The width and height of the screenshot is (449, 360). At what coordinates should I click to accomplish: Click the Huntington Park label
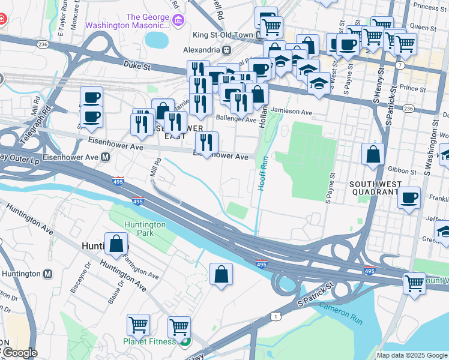[x=144, y=228]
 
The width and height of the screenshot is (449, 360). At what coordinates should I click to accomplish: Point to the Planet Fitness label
[x=150, y=341]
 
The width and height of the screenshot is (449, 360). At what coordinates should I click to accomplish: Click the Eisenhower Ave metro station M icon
[x=105, y=157]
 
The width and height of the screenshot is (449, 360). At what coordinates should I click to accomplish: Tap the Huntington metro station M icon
[x=48, y=274]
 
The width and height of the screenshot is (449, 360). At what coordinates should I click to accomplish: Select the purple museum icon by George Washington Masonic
[x=178, y=22]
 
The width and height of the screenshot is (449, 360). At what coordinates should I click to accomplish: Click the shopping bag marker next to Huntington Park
[x=116, y=244]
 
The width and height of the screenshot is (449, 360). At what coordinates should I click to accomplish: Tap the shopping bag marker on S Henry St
[x=373, y=154]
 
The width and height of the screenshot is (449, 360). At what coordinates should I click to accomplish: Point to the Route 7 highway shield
[x=400, y=64]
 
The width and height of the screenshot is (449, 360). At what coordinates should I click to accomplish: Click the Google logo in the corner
[x=19, y=353]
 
